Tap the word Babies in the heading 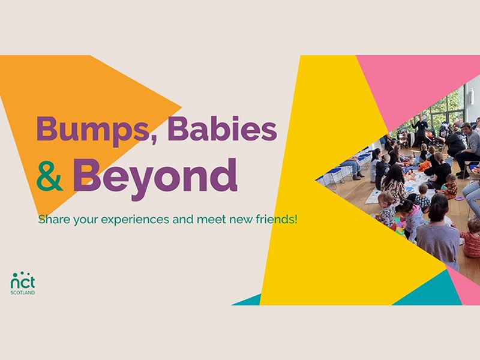point(222,128)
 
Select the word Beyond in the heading point(155,175)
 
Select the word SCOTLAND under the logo point(23,293)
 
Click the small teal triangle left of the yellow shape point(249,300)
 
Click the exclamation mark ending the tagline point(296,219)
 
